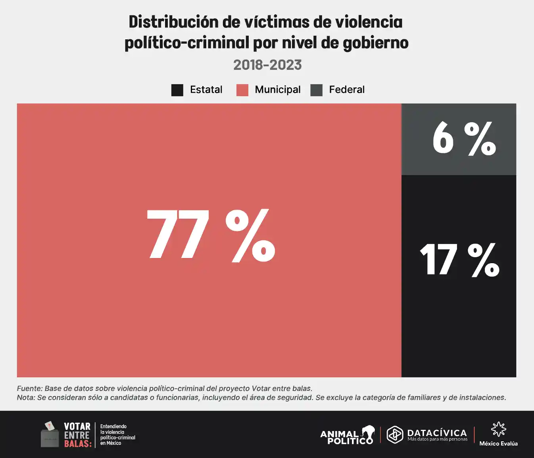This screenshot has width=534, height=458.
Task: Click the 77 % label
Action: [x=211, y=235]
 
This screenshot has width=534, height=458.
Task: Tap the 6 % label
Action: [x=464, y=138]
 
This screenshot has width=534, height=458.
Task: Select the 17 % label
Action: [x=459, y=260]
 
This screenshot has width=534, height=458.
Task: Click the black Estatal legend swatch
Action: [x=177, y=90]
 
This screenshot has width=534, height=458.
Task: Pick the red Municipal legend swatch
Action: [x=242, y=90]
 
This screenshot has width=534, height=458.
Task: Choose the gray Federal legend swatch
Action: [x=316, y=90]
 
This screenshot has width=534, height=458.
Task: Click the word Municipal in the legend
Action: [x=277, y=90]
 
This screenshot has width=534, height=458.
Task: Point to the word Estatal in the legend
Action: [x=206, y=90]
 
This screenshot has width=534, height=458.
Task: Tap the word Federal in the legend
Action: [x=346, y=90]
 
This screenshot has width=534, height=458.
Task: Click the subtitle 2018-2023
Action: [x=267, y=65]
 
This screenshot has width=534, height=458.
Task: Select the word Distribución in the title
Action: [x=173, y=22]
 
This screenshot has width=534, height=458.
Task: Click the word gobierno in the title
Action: [x=375, y=43]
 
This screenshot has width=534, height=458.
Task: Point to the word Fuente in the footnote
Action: [x=29, y=389]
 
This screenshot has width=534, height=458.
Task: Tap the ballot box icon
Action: [x=50, y=435]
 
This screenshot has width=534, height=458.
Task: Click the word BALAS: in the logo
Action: [x=78, y=444]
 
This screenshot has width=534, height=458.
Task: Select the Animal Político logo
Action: [x=348, y=435]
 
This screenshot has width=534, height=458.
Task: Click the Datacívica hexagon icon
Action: [x=395, y=434]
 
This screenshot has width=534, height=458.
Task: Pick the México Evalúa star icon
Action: [x=498, y=429]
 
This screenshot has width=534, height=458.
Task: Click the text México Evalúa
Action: [x=498, y=444]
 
